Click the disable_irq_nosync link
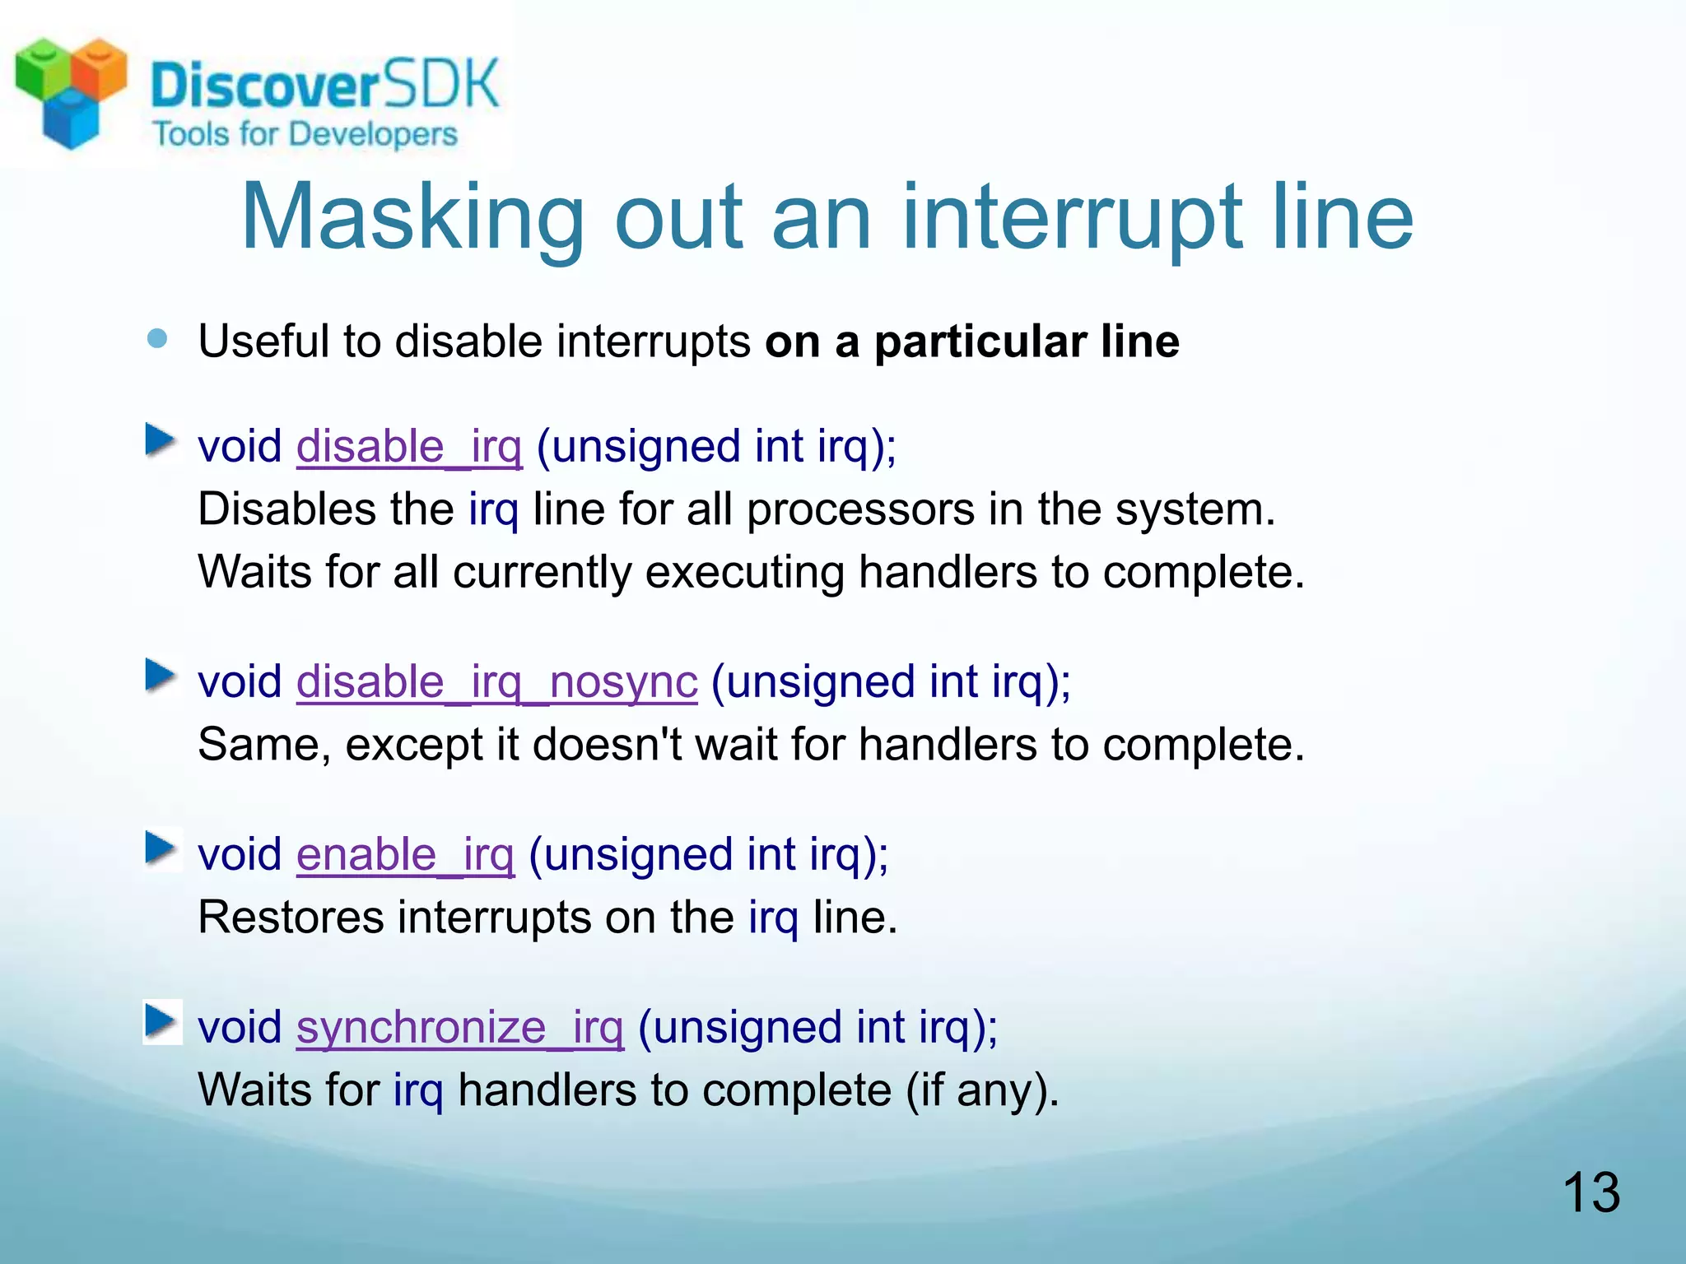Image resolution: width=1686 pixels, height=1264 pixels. (496, 682)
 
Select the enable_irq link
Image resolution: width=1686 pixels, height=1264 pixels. (405, 855)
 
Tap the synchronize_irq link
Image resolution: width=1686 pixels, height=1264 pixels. (459, 1028)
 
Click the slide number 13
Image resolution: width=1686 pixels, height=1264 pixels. (1591, 1192)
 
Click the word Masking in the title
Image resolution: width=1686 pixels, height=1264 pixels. (412, 217)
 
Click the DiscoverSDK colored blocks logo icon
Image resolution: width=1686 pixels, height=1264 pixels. (71, 91)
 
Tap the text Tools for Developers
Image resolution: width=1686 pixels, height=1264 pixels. (305, 134)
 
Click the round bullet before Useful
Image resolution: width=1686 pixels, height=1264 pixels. (157, 338)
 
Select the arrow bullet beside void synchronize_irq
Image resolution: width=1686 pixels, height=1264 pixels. (161, 1022)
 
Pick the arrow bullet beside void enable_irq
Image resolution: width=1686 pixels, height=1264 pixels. (161, 849)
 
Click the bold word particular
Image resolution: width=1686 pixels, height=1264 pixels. (980, 342)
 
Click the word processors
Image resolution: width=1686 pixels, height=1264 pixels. (860, 509)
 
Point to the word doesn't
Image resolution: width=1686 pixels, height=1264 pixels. (607, 745)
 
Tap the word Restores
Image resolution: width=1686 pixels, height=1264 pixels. (291, 918)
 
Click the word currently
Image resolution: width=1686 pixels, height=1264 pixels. (542, 572)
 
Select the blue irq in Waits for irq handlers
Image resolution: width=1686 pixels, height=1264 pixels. (417, 1090)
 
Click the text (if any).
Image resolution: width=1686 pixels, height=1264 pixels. (981, 1090)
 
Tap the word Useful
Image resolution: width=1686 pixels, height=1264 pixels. (263, 342)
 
